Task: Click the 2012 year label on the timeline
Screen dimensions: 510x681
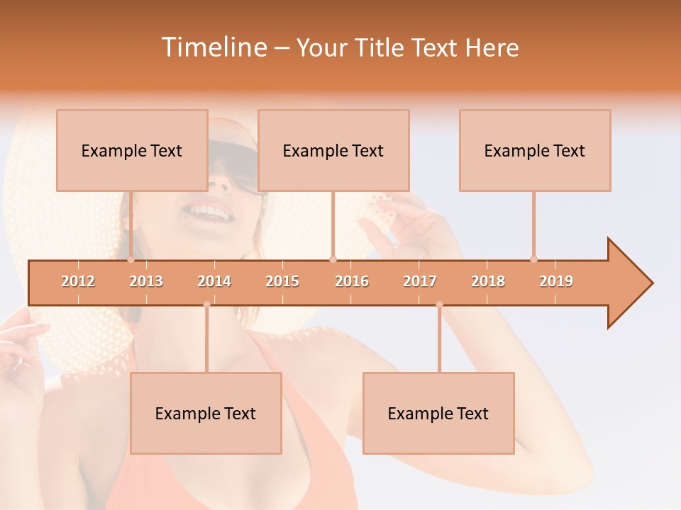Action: pos(78,281)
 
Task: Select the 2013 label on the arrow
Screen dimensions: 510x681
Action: pos(146,281)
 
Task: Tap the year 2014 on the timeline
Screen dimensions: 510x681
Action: pos(214,281)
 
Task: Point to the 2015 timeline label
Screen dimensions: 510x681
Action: pos(282,281)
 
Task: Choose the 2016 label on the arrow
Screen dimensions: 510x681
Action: pos(352,281)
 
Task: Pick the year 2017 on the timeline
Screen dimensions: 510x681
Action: pos(420,281)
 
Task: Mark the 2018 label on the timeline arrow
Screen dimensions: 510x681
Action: pos(488,281)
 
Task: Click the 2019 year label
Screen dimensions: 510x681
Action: pos(556,281)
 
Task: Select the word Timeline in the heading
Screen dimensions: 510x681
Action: pos(213,47)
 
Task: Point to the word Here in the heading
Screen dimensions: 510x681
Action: pos(492,47)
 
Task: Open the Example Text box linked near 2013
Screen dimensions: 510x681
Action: pos(132,150)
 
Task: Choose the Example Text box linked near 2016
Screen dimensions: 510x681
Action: pos(333,150)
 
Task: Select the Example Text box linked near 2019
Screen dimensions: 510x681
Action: pos(535,150)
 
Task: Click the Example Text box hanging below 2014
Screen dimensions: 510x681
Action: pos(206,413)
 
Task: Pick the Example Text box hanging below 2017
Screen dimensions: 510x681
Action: pos(438,413)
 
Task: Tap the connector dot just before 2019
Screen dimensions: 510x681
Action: pos(533,259)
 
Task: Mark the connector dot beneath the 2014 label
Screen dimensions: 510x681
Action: pos(206,305)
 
